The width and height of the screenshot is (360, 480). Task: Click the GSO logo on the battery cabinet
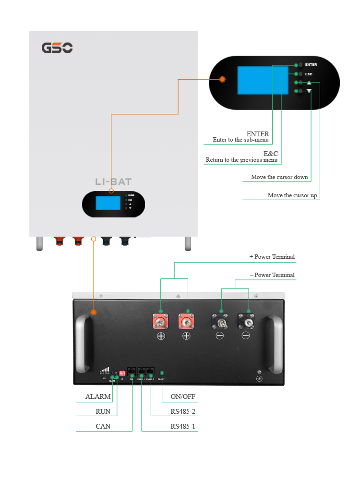coord(57,48)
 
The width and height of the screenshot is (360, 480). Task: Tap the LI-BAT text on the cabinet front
coord(113,182)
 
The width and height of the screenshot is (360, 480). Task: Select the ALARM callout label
coord(98,397)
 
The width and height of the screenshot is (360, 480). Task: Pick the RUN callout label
coord(103,411)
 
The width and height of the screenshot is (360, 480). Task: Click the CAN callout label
coord(103,426)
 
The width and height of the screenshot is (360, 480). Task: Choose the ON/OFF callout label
coord(183,397)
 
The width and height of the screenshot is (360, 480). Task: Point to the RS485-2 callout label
coord(183,411)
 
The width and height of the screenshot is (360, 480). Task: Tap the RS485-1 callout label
coord(183,426)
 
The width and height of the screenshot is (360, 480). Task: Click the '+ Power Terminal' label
coord(272,257)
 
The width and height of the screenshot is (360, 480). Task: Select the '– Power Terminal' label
coord(272,275)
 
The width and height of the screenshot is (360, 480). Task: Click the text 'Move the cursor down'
coord(279,177)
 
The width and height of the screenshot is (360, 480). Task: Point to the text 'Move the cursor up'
coord(292,195)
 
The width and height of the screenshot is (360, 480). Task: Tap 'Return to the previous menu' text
coord(241,160)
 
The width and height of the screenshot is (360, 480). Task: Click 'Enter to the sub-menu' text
coord(241,140)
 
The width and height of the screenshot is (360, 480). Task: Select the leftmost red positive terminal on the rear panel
coord(160,321)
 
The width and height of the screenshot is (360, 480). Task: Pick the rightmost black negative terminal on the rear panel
coord(246,321)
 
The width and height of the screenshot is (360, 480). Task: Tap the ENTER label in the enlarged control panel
coord(311,64)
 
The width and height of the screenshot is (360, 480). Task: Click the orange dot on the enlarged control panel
coord(223,79)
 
